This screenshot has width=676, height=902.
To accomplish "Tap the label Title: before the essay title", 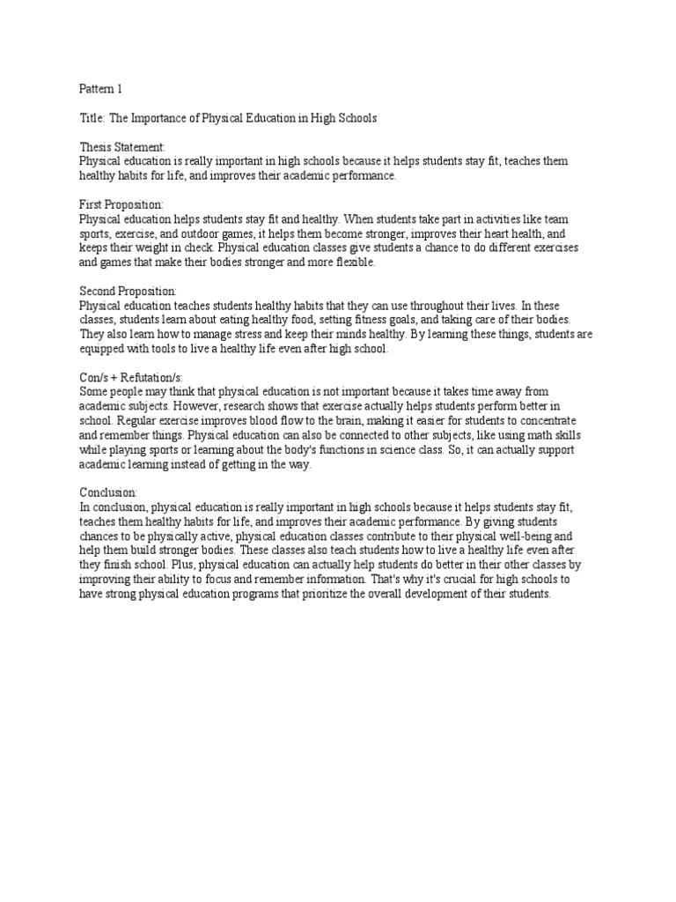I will (92, 118).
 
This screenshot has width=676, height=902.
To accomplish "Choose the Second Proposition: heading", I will (129, 290).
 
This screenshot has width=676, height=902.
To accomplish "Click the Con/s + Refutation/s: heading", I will (131, 376).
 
